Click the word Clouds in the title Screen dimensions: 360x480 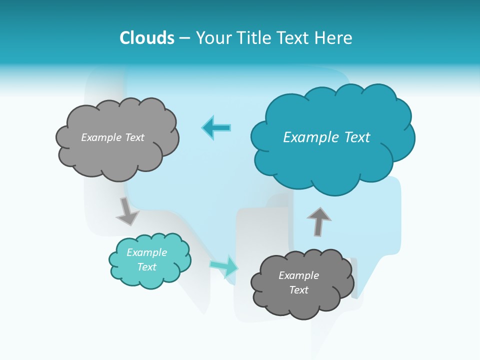click(x=147, y=38)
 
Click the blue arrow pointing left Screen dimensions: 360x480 click(x=216, y=127)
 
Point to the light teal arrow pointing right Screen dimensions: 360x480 click(x=224, y=265)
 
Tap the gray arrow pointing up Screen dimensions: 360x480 click(x=318, y=221)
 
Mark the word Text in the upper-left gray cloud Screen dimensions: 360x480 click(x=134, y=137)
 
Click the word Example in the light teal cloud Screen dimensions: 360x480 click(x=147, y=252)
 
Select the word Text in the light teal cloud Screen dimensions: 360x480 click(x=147, y=267)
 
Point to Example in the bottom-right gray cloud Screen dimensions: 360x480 click(x=298, y=275)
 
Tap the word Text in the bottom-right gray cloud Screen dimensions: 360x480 click(x=298, y=290)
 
